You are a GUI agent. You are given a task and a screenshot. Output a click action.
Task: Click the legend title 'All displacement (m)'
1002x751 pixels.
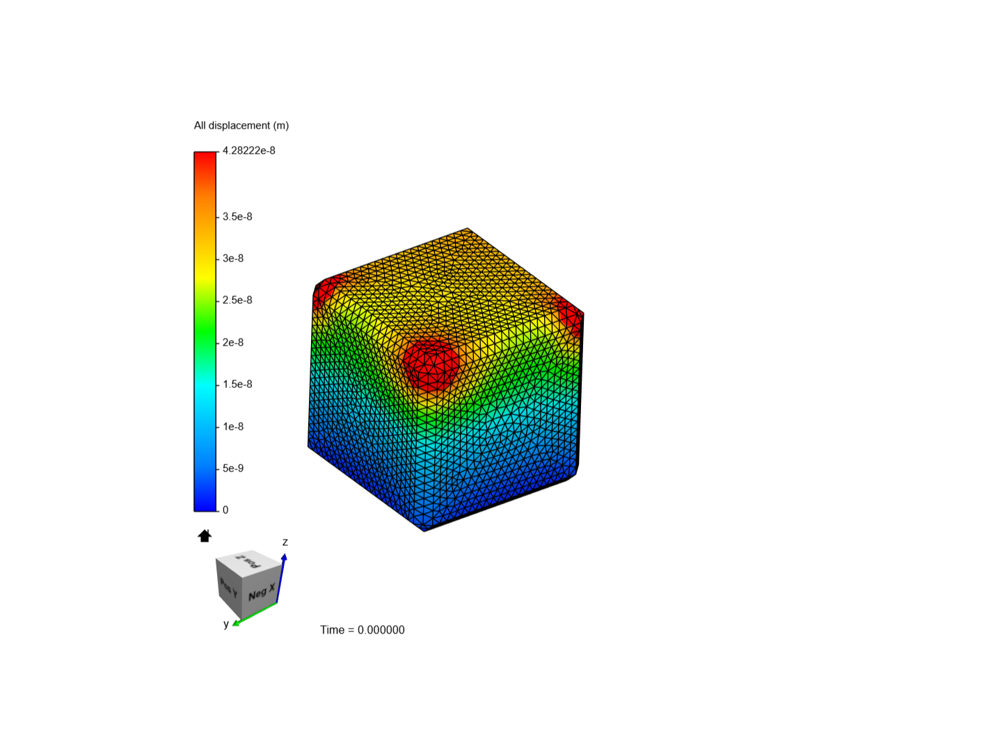(241, 125)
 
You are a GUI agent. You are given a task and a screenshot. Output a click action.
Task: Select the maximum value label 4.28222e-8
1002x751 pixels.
(249, 150)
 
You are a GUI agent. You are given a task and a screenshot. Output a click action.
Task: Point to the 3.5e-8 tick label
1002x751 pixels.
(237, 216)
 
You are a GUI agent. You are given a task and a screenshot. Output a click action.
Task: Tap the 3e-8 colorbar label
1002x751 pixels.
(233, 259)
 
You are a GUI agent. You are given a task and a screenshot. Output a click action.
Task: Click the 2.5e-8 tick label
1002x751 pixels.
(237, 300)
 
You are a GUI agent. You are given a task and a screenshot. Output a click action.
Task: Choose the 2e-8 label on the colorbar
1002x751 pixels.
(233, 342)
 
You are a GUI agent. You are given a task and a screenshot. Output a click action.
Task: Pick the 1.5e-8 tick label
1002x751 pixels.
(237, 385)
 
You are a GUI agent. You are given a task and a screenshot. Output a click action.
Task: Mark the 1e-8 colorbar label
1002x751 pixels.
(233, 427)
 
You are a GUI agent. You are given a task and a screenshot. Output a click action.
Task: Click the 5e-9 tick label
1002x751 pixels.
(233, 468)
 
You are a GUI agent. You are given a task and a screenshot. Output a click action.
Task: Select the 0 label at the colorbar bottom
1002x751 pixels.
(225, 510)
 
